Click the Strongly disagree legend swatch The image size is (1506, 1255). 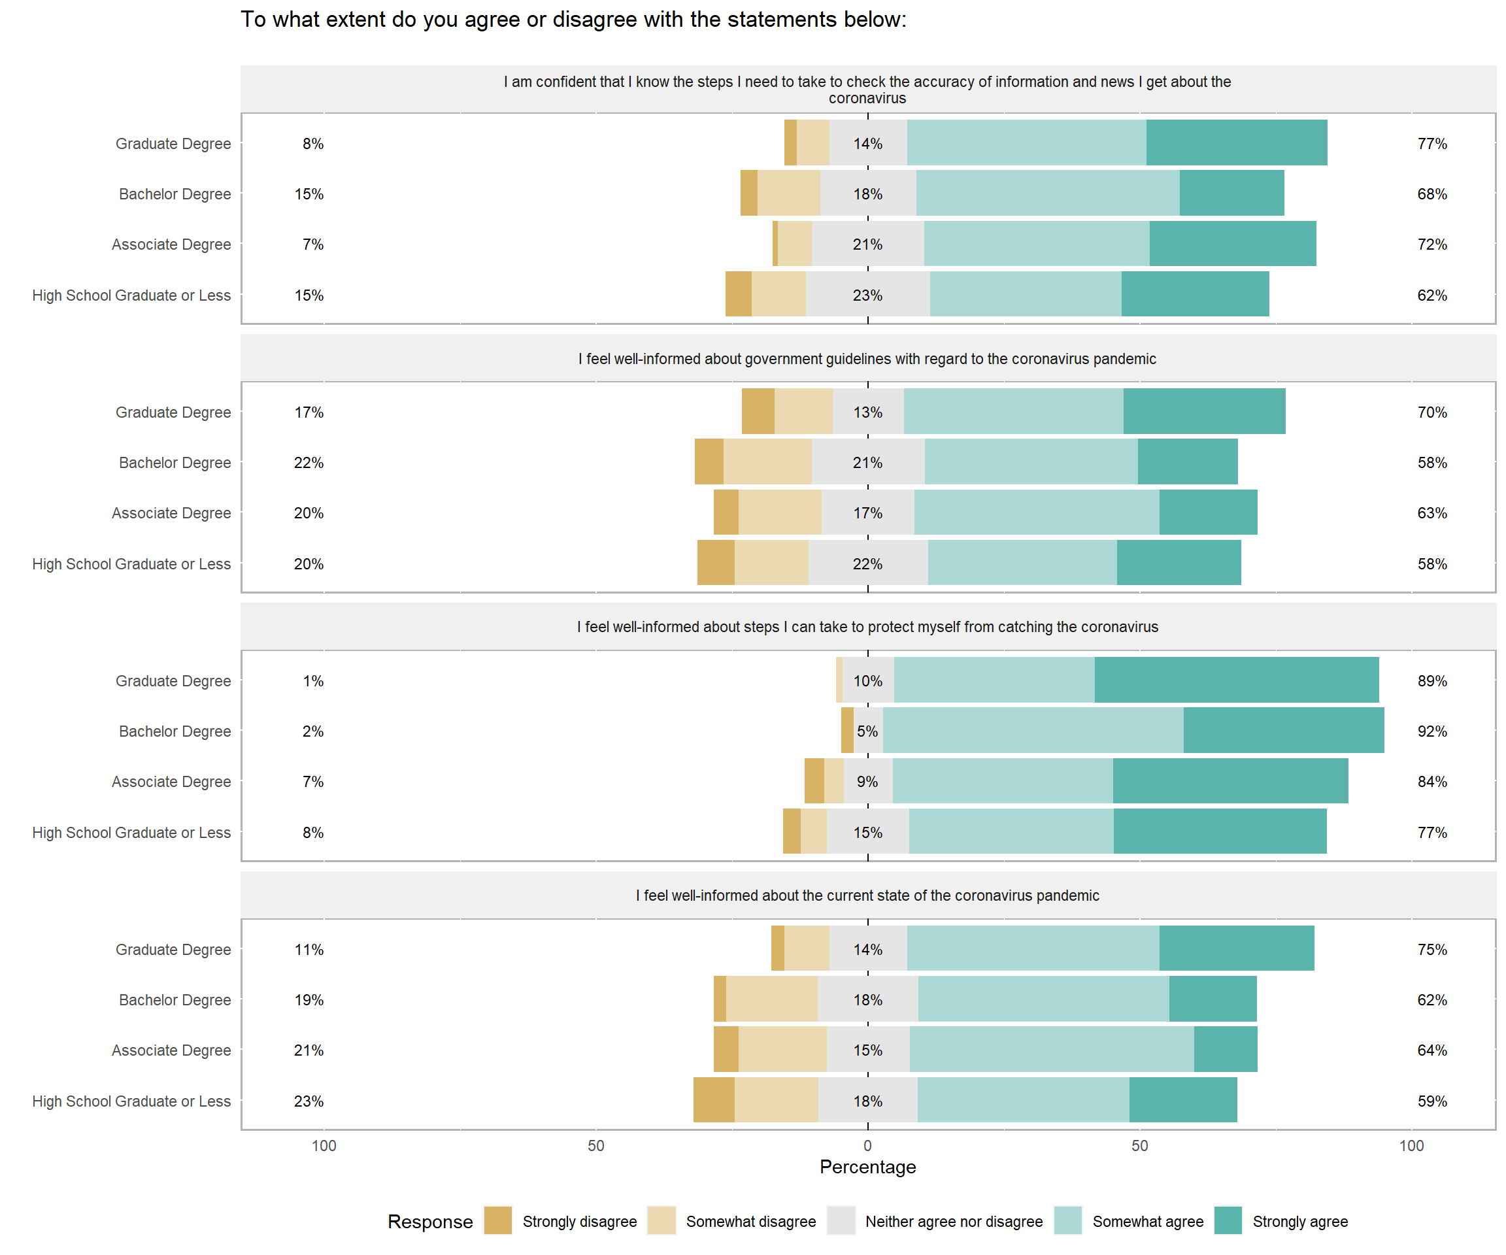click(x=497, y=1220)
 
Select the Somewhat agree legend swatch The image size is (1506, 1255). click(x=1068, y=1220)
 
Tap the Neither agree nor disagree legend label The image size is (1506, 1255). click(x=954, y=1221)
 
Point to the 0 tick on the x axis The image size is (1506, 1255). click(x=868, y=1146)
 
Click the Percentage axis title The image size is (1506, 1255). click(x=868, y=1167)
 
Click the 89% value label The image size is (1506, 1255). click(x=1431, y=680)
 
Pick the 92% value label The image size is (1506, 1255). click(x=1431, y=731)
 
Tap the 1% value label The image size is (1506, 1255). click(x=312, y=680)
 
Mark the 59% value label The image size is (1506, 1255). click(x=1431, y=1101)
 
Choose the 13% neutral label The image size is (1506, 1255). click(x=868, y=412)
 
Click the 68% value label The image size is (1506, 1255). click(x=1431, y=193)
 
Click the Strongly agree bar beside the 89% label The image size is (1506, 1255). click(x=1236, y=680)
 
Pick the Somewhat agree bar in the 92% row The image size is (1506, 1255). click(x=1033, y=730)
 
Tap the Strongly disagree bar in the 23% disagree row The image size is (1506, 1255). click(x=714, y=1099)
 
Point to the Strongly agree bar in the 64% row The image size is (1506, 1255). click(x=1226, y=1049)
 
